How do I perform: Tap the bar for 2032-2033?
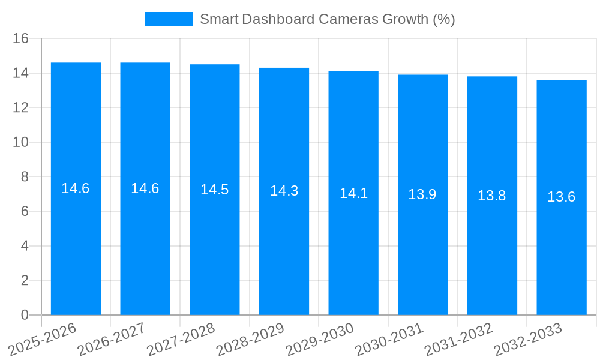pyautogui.click(x=562, y=252)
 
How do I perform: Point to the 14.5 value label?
pyautogui.click(x=214, y=190)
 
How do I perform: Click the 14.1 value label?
pyautogui.click(x=353, y=193)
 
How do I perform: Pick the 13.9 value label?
pyautogui.click(x=422, y=194)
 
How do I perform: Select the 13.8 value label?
pyautogui.click(x=492, y=196)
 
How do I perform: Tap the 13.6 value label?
pyautogui.click(x=562, y=197)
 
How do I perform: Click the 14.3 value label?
pyautogui.click(x=284, y=191)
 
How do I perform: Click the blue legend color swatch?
pyautogui.click(x=169, y=19)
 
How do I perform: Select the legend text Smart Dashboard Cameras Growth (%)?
pyautogui.click(x=328, y=19)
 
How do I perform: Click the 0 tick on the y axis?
pyautogui.click(x=25, y=315)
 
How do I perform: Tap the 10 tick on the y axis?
pyautogui.click(x=21, y=142)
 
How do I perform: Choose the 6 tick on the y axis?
pyautogui.click(x=25, y=211)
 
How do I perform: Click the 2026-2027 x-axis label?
pyautogui.click(x=112, y=339)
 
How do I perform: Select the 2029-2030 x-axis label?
pyautogui.click(x=320, y=339)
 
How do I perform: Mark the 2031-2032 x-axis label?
pyautogui.click(x=459, y=339)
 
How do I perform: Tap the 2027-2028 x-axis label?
pyautogui.click(x=181, y=339)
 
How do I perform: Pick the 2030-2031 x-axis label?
pyautogui.click(x=390, y=339)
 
